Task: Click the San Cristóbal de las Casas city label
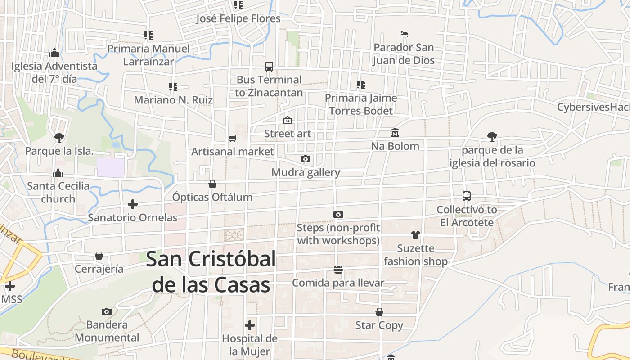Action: click(x=211, y=272)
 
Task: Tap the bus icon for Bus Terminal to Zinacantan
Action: click(x=269, y=67)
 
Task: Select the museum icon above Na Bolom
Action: click(x=395, y=133)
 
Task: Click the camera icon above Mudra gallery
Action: click(x=306, y=159)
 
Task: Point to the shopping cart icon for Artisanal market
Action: click(x=232, y=138)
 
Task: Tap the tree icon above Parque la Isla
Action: click(x=59, y=137)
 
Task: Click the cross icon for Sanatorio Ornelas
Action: click(x=133, y=204)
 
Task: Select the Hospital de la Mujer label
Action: click(x=250, y=345)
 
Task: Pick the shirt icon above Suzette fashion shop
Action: click(x=415, y=235)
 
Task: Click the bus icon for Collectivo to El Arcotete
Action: click(x=467, y=196)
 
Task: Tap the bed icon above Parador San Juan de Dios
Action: click(x=404, y=34)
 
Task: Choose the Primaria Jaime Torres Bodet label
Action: click(x=361, y=104)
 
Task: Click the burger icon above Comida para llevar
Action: click(x=338, y=270)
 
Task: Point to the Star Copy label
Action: click(x=379, y=325)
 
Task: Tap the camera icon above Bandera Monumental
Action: click(x=107, y=311)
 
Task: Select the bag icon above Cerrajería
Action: click(x=99, y=256)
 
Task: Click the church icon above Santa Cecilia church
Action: click(x=58, y=173)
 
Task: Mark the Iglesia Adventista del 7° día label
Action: click(x=54, y=72)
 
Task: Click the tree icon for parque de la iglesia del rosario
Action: click(x=492, y=136)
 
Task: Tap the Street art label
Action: click(x=288, y=134)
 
